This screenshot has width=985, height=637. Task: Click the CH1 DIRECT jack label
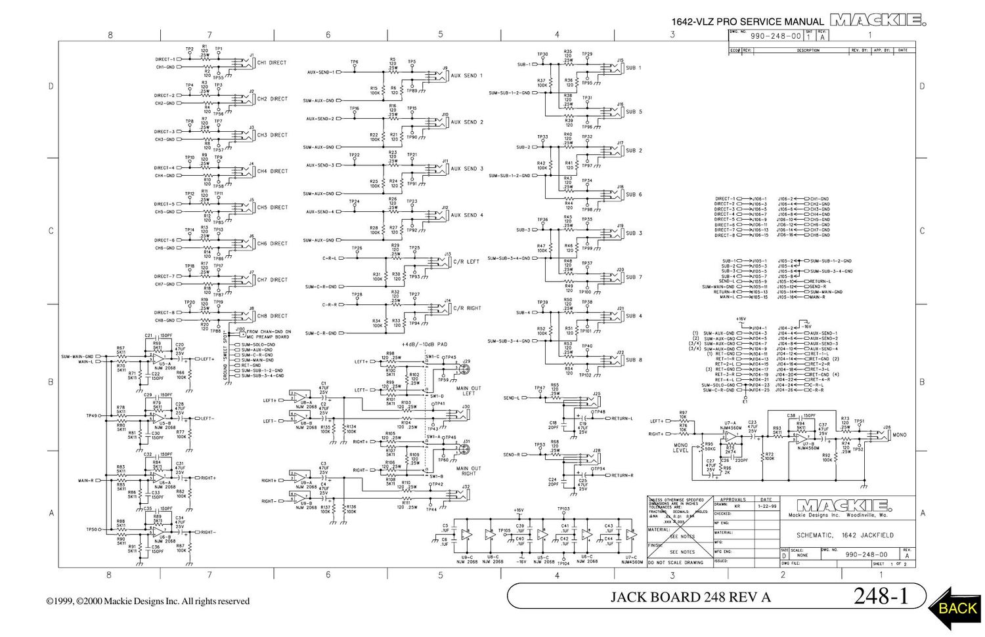click(272, 63)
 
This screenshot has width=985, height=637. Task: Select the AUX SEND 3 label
click(466, 169)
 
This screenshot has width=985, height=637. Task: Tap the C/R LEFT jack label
click(466, 262)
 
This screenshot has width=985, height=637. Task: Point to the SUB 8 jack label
click(634, 360)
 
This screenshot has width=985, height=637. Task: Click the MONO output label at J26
click(900, 435)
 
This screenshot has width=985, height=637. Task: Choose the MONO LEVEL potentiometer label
click(681, 447)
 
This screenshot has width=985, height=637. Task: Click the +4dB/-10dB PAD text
click(424, 344)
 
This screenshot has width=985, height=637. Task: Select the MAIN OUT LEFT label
click(468, 391)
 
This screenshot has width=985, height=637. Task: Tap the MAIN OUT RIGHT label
click(468, 471)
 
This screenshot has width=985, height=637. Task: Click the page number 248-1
click(881, 596)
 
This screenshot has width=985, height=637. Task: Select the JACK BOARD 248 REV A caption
click(690, 597)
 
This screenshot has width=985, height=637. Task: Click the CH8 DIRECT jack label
click(272, 316)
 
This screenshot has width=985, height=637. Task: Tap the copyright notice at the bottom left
click(148, 601)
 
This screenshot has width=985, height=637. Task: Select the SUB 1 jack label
click(634, 68)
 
